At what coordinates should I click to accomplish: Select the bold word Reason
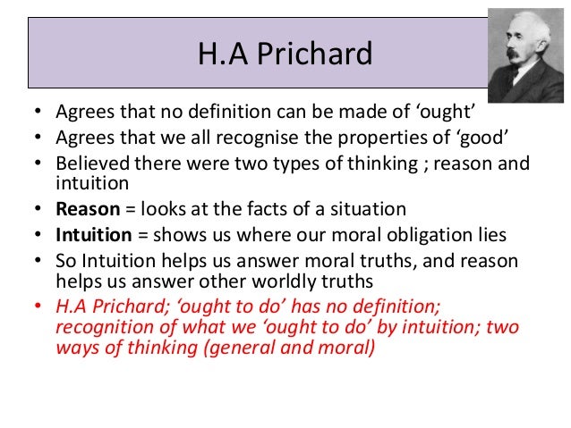pos(86,209)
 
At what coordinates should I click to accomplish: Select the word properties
pos(371,139)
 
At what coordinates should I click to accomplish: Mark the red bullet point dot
pos(35,305)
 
